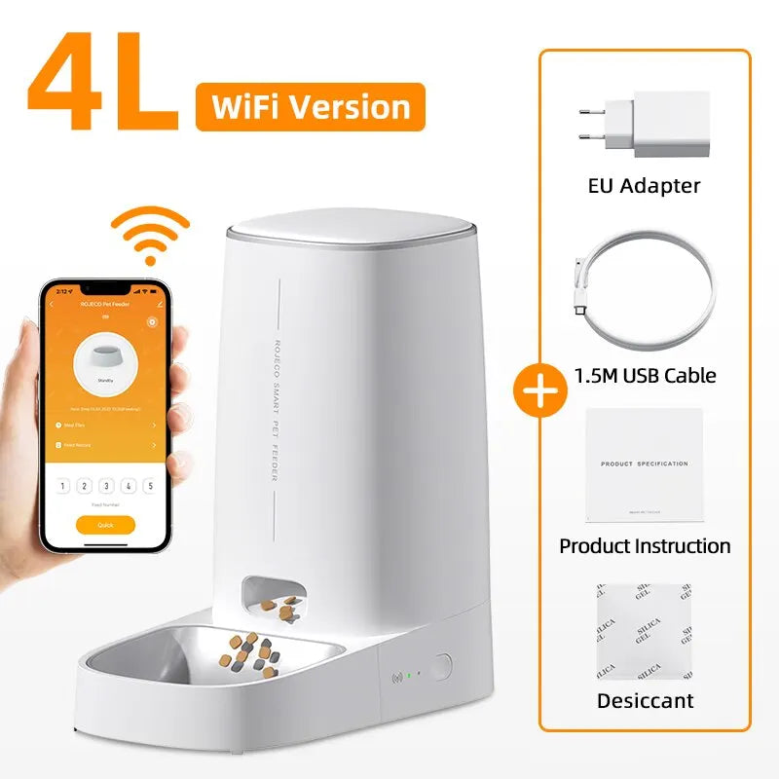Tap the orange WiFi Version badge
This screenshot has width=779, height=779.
(x=310, y=107)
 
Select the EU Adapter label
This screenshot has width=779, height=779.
(x=645, y=185)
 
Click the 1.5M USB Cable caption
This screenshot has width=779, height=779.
(x=645, y=375)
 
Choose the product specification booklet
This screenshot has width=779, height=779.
(x=644, y=464)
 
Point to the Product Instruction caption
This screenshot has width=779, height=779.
(x=645, y=545)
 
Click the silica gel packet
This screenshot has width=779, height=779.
(x=644, y=631)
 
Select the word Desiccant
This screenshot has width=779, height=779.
(x=645, y=700)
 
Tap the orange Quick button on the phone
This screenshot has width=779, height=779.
(x=105, y=524)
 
